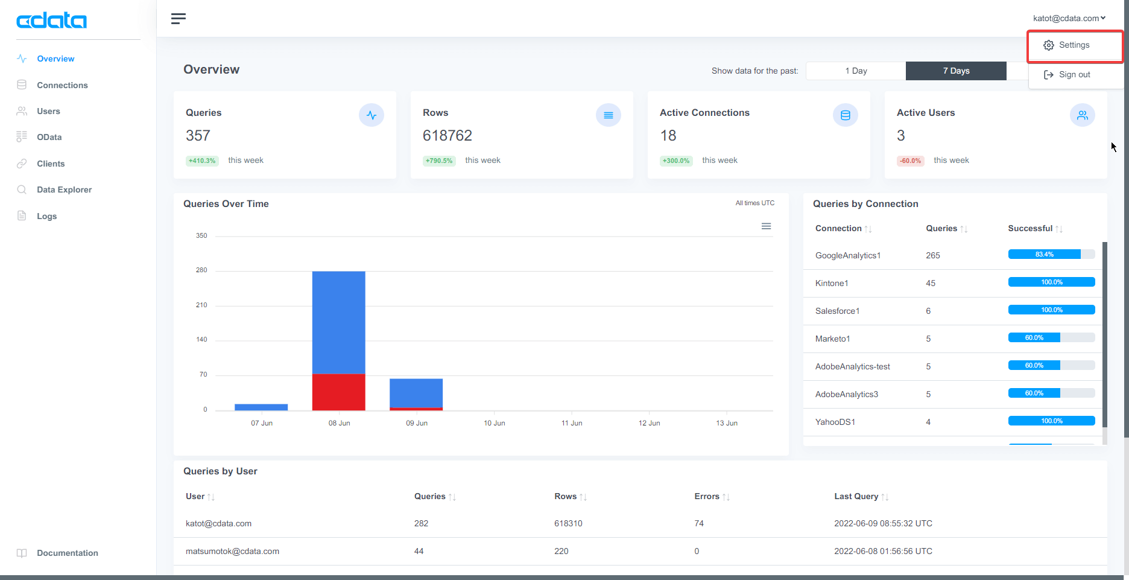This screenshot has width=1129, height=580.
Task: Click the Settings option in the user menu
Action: click(x=1074, y=45)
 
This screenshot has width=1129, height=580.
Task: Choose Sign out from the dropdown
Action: click(x=1074, y=75)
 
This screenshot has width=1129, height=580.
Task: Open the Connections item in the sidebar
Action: click(x=62, y=85)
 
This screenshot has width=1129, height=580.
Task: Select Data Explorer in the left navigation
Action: click(x=64, y=190)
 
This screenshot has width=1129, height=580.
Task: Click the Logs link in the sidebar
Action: click(x=46, y=216)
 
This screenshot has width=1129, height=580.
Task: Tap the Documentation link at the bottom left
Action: click(x=67, y=553)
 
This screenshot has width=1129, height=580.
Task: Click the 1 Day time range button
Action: click(x=856, y=71)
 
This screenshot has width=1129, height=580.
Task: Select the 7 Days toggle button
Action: click(x=956, y=71)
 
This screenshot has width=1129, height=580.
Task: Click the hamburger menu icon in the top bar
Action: click(x=178, y=19)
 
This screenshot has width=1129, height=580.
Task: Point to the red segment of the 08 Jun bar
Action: click(x=338, y=392)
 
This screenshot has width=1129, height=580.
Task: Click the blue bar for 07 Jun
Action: click(x=261, y=407)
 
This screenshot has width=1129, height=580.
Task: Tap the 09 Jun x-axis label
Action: click(x=417, y=423)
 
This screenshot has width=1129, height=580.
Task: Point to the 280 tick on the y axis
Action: click(x=201, y=270)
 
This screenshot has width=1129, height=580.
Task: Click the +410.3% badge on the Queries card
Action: click(x=202, y=161)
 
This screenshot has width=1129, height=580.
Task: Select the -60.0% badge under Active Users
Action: click(x=910, y=161)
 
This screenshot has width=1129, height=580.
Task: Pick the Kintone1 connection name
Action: click(x=832, y=283)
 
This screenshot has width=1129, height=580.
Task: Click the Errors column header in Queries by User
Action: click(x=707, y=496)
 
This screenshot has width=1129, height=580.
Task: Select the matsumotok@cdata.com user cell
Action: click(x=232, y=551)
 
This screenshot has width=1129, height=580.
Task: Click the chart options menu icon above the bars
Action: click(x=766, y=226)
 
